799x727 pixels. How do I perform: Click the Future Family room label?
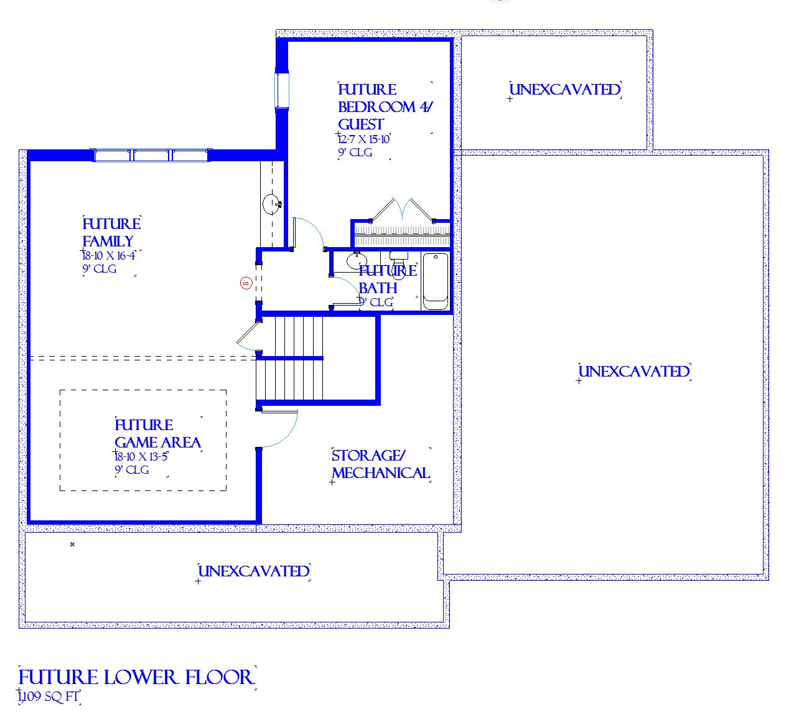(x=111, y=232)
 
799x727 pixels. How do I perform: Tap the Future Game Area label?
(x=157, y=434)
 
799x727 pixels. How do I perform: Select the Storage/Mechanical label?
(x=381, y=464)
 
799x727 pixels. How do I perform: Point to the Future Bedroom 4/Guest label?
(x=385, y=107)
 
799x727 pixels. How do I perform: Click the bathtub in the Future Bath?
(x=436, y=281)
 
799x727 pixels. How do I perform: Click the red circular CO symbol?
(x=246, y=283)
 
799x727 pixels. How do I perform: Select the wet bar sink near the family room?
(x=273, y=204)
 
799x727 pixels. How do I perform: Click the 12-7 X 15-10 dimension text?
(x=363, y=139)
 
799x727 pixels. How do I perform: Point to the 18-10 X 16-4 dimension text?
(x=109, y=255)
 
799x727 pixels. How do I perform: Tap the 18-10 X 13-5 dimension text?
(x=141, y=457)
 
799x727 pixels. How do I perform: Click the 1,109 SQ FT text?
(x=49, y=697)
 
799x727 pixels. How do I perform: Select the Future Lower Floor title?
(x=136, y=677)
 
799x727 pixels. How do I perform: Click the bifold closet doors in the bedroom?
(x=402, y=210)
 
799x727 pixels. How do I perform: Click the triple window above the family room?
(x=151, y=155)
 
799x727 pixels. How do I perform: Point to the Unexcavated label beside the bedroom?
(x=565, y=90)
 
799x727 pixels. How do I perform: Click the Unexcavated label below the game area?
(x=254, y=571)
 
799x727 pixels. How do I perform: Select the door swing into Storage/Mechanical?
(x=279, y=428)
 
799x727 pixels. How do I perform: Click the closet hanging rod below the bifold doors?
(x=402, y=235)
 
